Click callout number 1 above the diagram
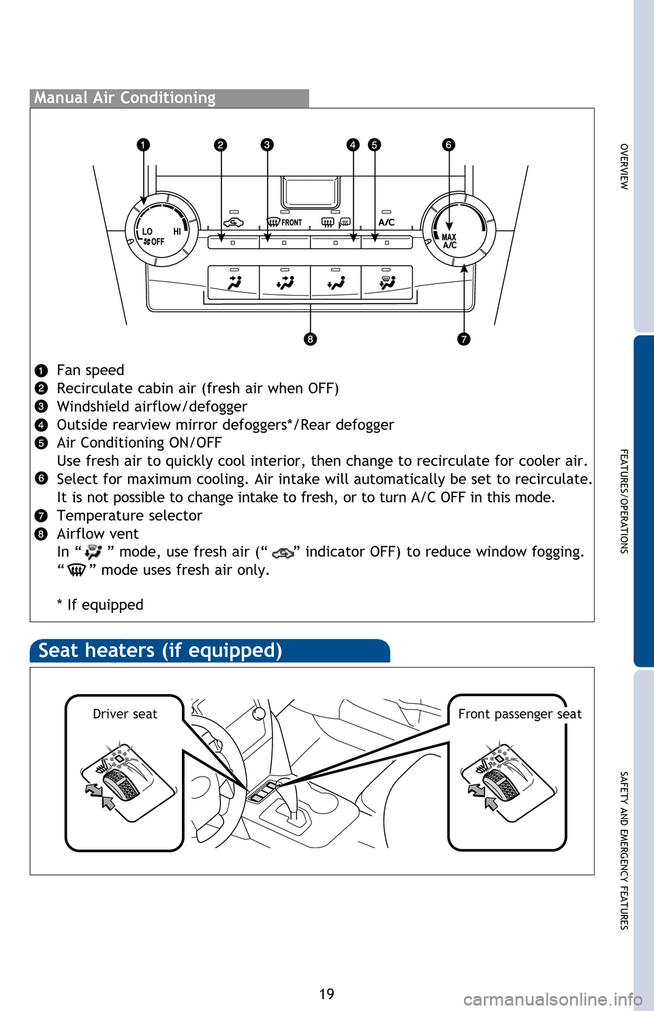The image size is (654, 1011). (142, 144)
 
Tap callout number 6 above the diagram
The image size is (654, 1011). (448, 144)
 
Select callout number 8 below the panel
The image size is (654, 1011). (310, 339)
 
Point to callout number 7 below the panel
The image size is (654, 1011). (464, 339)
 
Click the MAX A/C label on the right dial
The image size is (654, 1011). (449, 241)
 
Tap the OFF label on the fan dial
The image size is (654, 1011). (157, 242)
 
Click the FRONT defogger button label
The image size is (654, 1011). (291, 223)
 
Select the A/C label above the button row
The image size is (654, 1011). (386, 222)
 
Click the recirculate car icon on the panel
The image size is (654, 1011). (233, 223)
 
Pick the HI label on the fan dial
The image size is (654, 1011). (177, 232)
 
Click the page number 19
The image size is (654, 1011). (327, 994)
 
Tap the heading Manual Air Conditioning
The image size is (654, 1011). (125, 98)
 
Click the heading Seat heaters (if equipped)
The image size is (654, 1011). (160, 651)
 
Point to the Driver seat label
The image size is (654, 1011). (125, 714)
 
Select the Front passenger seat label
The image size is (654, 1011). (520, 714)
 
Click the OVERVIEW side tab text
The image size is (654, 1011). (624, 166)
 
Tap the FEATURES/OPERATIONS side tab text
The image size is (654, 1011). (624, 501)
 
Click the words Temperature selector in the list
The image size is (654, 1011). (129, 516)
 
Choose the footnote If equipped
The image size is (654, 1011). (105, 605)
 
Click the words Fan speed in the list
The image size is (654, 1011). (91, 370)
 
